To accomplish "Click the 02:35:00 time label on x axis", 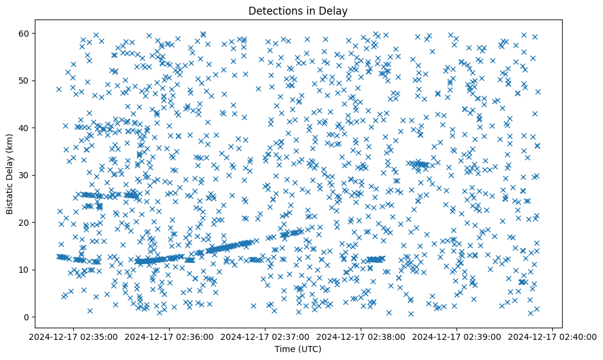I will pos(74,337).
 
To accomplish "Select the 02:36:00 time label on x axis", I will pos(170,337).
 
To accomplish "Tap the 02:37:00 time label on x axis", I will pos(265,337).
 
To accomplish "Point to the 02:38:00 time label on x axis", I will pos(361,337).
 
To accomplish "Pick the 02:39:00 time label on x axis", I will pos(457,337).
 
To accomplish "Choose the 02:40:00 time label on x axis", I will pos(553,337).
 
